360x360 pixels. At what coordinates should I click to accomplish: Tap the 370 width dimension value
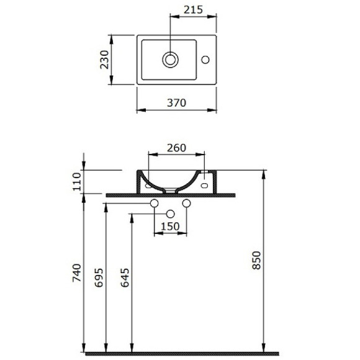[x=176, y=103]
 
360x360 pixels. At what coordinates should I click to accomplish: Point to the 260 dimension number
[x=177, y=148]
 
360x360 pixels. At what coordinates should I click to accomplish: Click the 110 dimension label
[x=77, y=182]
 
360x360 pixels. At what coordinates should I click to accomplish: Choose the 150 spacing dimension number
[x=169, y=227]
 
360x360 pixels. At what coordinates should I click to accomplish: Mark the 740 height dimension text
[x=77, y=274]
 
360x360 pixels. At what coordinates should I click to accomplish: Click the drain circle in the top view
[x=170, y=60]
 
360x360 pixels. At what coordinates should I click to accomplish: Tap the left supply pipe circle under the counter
[x=155, y=204]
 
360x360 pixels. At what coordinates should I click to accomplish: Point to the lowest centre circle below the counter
[x=169, y=214]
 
